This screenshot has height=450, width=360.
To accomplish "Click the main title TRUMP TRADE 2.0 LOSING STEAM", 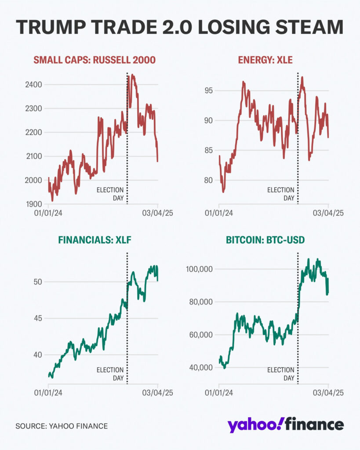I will pyautogui.click(x=180, y=27).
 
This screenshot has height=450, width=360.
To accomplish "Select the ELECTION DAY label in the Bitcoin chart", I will pyautogui.click(x=281, y=374).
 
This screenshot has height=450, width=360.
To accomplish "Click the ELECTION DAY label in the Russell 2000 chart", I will pyautogui.click(x=110, y=194).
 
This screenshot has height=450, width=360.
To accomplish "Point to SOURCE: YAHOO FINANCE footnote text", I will pyautogui.click(x=62, y=426).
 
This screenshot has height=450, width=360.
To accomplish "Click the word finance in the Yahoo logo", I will pyautogui.click(x=315, y=425).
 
